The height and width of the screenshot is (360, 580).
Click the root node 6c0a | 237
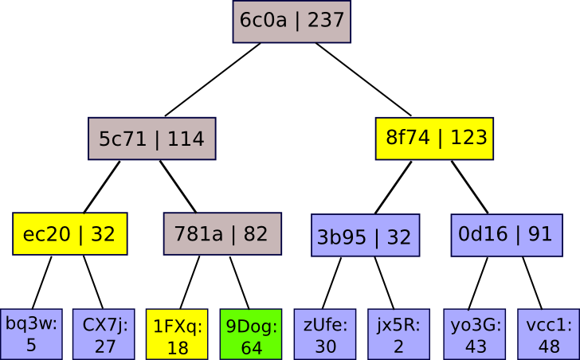[x=292, y=22]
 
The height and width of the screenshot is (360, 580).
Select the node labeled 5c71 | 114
[x=151, y=139]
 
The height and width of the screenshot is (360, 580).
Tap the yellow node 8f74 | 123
[x=434, y=138]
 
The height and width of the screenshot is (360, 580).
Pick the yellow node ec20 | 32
[x=70, y=234]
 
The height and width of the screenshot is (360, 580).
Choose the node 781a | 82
[x=222, y=234]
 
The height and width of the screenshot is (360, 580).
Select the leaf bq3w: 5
[x=31, y=334]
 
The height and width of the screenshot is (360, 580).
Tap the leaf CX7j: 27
[x=104, y=334]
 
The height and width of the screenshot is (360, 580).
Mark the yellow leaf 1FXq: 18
[x=177, y=334]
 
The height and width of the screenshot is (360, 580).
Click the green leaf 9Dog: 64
[x=251, y=334]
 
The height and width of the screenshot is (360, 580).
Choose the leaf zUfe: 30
[x=324, y=334]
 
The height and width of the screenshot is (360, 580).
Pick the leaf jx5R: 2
[x=398, y=334]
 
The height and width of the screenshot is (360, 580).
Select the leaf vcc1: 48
[x=548, y=334]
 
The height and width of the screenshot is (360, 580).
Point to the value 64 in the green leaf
[x=251, y=348]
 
